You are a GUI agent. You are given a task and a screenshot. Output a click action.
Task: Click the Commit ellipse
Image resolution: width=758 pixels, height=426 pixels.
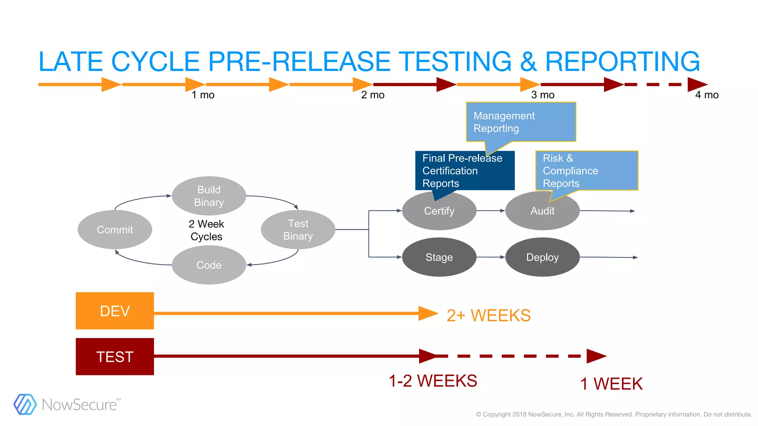click(115, 230)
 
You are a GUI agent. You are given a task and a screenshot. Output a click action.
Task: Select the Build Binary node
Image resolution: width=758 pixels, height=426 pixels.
click(209, 196)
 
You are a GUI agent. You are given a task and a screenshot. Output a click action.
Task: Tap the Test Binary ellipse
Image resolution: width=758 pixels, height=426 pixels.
click(298, 230)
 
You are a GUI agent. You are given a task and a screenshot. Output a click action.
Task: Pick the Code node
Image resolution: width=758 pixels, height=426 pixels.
click(209, 265)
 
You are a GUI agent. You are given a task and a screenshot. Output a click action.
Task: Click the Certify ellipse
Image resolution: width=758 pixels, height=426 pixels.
click(439, 211)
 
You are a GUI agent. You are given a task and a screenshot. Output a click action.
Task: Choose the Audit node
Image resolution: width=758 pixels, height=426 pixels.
click(542, 211)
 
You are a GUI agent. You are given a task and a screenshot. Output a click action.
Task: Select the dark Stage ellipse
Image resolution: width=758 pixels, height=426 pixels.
click(439, 257)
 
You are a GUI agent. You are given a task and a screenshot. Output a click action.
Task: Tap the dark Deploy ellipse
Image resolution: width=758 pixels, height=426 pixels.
click(542, 257)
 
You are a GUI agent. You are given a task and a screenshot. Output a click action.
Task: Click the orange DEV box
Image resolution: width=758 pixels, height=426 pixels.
click(115, 311)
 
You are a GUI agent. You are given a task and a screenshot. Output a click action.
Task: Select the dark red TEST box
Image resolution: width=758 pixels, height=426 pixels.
click(115, 356)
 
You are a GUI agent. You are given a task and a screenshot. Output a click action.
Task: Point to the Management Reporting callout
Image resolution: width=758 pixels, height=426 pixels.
click(521, 122)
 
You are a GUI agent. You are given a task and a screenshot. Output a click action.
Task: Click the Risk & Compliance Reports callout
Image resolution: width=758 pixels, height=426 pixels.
click(587, 170)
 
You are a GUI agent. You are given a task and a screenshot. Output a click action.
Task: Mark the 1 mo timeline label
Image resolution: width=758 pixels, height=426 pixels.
click(203, 95)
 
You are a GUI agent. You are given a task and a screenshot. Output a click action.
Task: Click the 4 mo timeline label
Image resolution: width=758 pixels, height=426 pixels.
click(707, 95)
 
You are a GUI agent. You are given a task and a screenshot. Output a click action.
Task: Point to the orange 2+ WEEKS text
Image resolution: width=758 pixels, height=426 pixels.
click(489, 315)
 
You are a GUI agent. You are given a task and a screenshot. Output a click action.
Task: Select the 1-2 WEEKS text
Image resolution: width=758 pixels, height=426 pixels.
click(433, 381)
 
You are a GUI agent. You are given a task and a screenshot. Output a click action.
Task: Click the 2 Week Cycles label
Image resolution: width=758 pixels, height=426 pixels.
click(207, 230)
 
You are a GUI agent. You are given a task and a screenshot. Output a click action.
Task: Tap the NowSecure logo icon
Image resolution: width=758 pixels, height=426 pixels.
click(25, 404)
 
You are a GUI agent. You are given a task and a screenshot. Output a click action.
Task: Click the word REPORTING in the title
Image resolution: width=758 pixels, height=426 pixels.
click(622, 61)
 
